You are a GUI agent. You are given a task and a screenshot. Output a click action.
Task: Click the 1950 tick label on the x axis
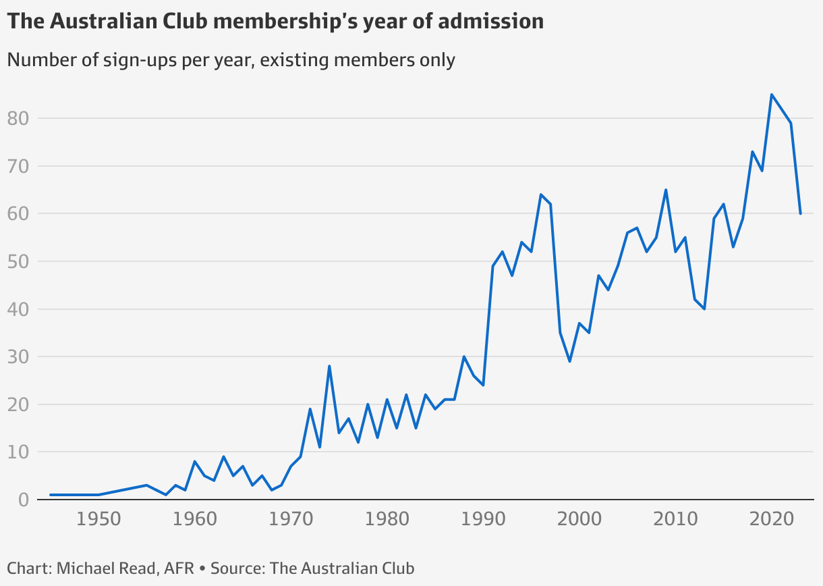98,521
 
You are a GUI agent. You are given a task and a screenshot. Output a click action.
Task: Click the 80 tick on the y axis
19,119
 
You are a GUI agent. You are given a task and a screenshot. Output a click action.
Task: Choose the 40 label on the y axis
19,309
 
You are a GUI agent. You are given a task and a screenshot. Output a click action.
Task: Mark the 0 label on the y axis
24,500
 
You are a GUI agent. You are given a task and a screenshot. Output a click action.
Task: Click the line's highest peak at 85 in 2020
771,95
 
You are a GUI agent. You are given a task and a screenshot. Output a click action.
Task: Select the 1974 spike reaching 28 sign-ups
329,366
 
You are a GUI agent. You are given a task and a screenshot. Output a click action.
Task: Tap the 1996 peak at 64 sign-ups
540,194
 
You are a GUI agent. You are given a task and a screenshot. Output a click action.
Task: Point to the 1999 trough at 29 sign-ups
569,361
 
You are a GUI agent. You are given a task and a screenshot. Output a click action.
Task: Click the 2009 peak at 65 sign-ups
666,190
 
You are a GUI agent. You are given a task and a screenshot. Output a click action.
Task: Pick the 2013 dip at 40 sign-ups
704,309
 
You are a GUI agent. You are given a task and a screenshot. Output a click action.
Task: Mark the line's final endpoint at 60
800,213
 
